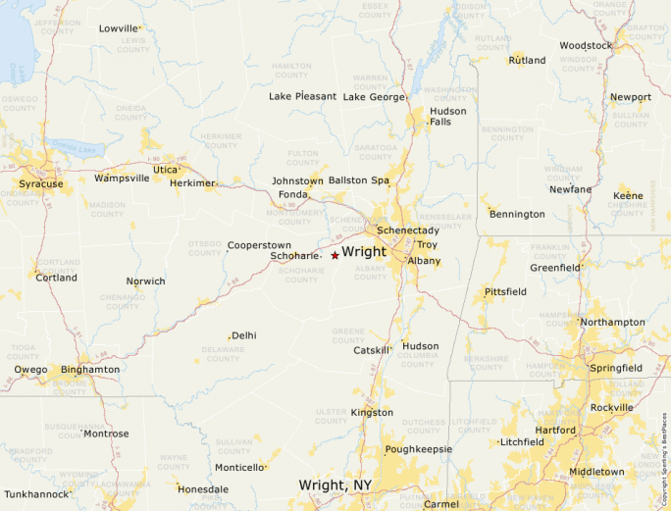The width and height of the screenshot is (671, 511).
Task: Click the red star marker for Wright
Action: tap(335, 255)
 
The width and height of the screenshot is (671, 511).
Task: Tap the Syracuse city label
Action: tap(41, 183)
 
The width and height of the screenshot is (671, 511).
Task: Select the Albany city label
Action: tap(424, 261)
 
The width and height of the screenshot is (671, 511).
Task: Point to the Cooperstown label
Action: tap(259, 245)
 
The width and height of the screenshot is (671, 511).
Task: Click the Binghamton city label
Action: tap(90, 370)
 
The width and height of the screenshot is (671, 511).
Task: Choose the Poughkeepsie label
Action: tap(419, 449)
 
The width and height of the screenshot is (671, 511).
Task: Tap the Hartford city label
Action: tap(555, 431)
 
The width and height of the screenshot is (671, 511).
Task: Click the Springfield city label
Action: tap(616, 368)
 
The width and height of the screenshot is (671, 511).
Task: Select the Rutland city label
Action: tap(527, 61)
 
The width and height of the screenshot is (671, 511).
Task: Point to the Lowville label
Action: tap(119, 28)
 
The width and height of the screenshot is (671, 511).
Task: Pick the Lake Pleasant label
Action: tap(302, 96)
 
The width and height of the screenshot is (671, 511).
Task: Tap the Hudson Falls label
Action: tap(447, 116)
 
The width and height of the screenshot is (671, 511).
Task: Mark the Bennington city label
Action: tap(517, 214)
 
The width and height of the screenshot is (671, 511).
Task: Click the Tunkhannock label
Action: tap(36, 494)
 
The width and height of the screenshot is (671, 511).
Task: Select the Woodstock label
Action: tap(586, 45)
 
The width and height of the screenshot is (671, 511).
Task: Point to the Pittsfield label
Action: tap(505, 292)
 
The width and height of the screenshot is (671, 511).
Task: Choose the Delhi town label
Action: tap(244, 335)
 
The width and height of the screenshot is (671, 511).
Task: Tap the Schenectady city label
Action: tap(408, 230)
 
